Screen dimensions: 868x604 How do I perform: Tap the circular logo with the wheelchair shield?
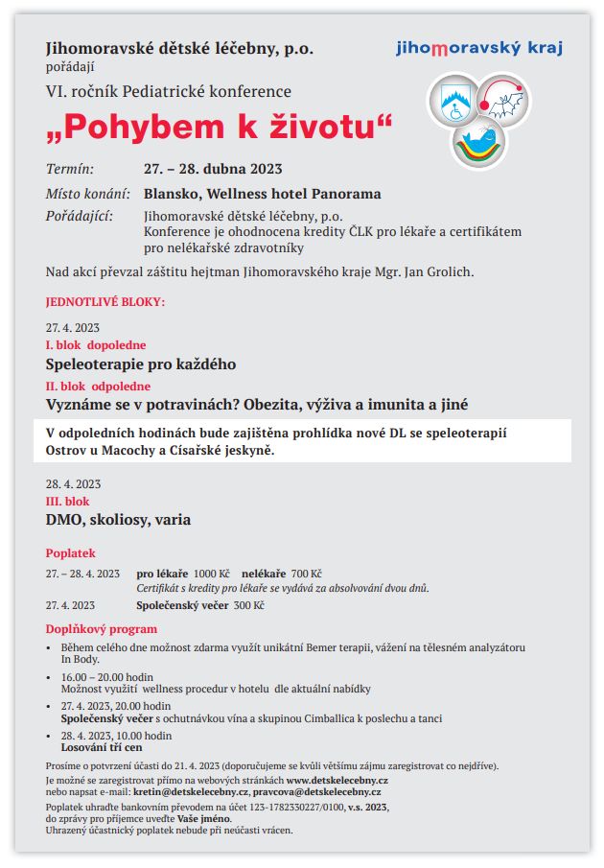point(454,102)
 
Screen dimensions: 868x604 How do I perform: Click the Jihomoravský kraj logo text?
point(479,48)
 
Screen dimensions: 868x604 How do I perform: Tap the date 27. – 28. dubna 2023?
point(213,170)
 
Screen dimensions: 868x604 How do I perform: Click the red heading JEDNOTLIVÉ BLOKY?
point(105,302)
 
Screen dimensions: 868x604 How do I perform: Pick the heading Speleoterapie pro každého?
point(141,364)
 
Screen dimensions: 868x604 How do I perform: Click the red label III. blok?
point(68,502)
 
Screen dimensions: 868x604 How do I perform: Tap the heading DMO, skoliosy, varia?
point(118,520)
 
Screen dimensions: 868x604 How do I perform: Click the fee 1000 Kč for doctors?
point(212,573)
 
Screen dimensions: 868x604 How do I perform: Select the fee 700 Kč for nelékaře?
point(307,573)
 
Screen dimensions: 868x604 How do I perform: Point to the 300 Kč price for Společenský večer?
point(248,605)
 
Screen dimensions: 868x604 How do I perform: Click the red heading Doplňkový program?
point(102,629)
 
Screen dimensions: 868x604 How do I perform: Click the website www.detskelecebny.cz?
point(337,781)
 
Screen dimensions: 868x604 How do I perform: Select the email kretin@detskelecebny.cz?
point(187,792)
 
